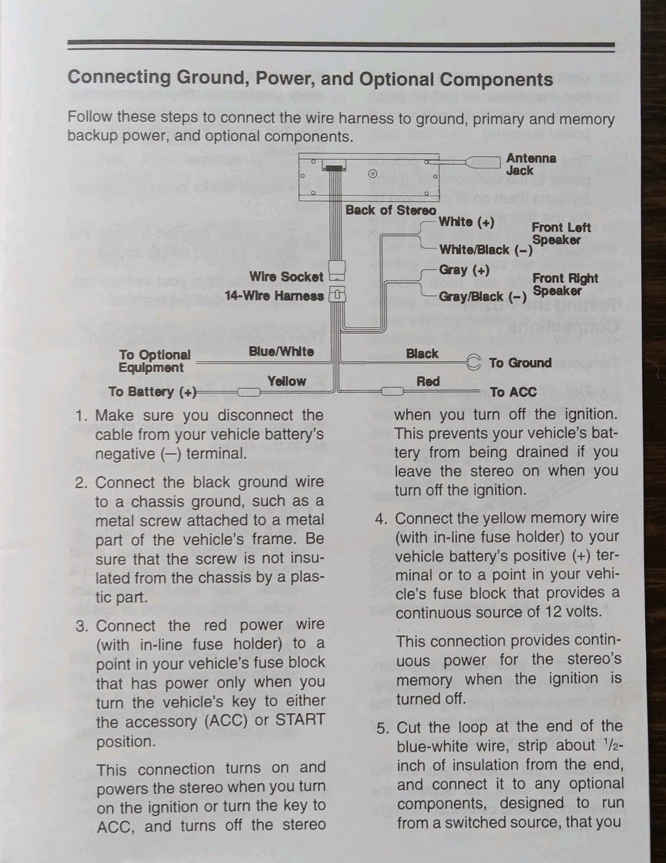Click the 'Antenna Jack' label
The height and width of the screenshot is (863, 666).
(531, 164)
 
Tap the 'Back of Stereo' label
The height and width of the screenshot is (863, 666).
(391, 210)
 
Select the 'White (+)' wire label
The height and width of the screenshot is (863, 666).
(467, 222)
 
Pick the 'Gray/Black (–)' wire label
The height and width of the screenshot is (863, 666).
(483, 297)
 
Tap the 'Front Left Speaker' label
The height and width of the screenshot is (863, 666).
(561, 234)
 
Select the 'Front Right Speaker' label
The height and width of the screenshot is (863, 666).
(565, 285)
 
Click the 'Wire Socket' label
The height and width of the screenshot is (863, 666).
(286, 276)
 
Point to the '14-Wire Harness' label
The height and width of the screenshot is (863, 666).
(274, 296)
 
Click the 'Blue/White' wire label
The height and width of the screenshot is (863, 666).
(281, 351)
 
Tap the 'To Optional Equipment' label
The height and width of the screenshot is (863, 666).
(155, 361)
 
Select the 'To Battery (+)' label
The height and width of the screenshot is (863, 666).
(153, 392)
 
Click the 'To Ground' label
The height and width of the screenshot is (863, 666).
(520, 363)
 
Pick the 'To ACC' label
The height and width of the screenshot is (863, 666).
(513, 392)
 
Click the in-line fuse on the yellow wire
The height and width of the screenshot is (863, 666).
(249, 392)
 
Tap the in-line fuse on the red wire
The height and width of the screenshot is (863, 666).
(392, 392)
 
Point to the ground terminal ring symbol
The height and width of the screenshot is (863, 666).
(473, 362)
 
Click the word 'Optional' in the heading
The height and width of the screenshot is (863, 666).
(397, 79)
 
